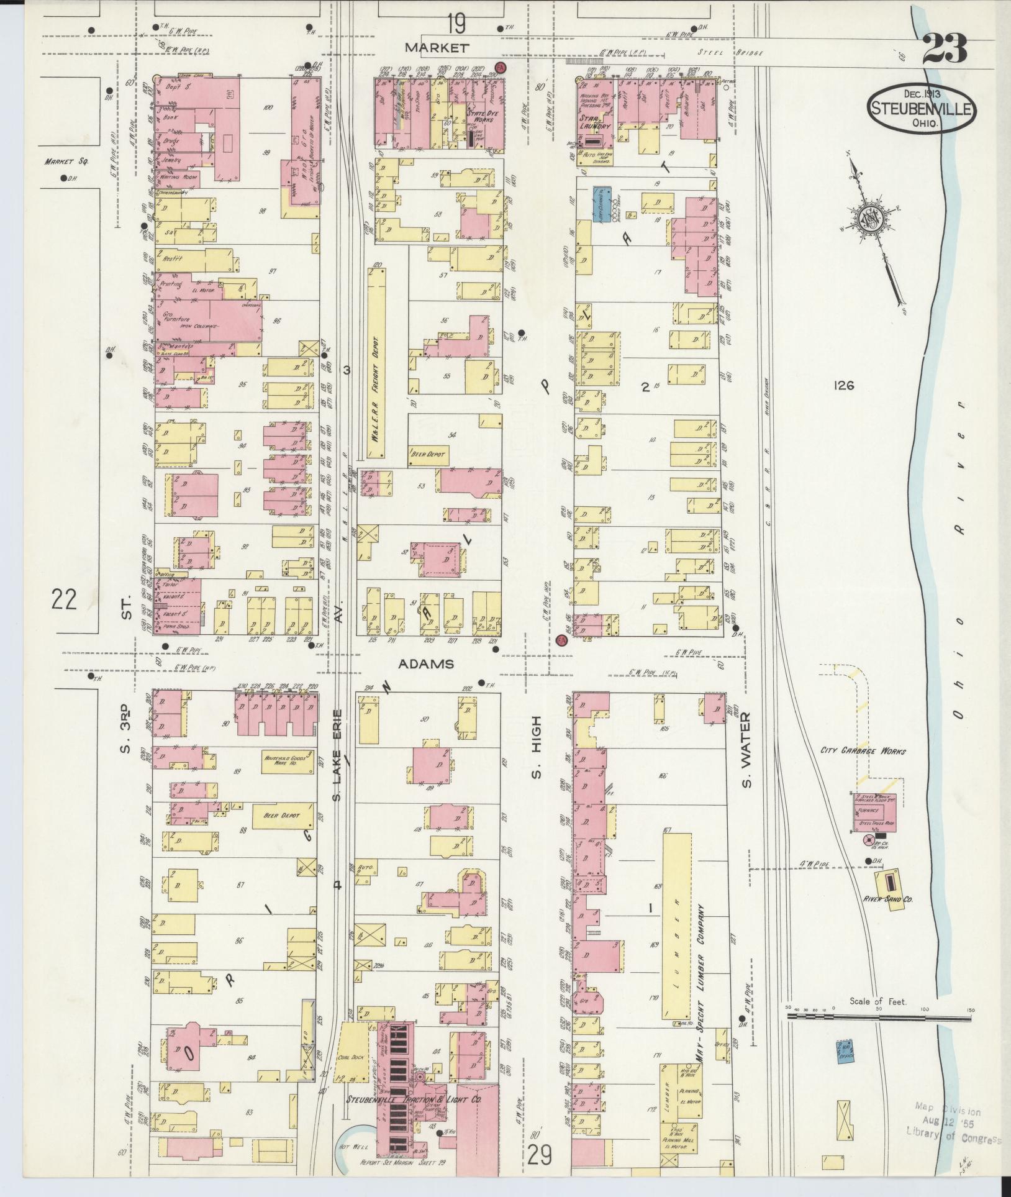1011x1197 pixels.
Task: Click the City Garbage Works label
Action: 863,751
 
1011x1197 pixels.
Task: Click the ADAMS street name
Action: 425,664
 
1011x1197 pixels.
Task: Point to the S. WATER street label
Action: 748,749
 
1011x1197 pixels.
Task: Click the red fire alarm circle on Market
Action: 499,66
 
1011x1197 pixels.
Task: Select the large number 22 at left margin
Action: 64,600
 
